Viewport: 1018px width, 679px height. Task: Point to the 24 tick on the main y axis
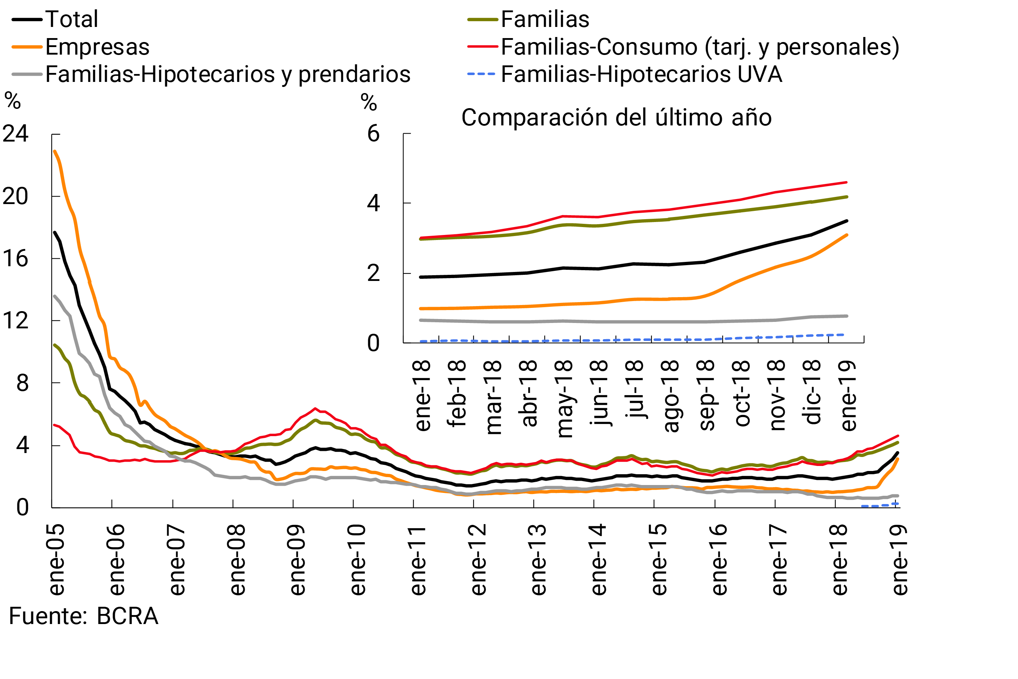(x=15, y=134)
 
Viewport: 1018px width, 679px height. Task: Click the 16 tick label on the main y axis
(x=15, y=259)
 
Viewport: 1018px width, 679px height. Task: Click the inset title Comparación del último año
(x=616, y=117)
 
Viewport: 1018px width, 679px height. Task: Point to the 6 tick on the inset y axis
(x=373, y=134)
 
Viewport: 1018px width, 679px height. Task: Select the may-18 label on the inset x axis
(x=563, y=399)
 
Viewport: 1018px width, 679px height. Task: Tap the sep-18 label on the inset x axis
(x=706, y=395)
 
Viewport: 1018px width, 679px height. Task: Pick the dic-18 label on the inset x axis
(x=812, y=392)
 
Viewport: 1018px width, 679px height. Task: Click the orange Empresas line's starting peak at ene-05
(x=55, y=151)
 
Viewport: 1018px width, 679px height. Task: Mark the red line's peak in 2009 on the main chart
(x=315, y=408)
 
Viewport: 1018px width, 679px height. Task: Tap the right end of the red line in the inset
(x=846, y=182)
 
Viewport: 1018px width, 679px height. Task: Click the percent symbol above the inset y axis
(x=369, y=103)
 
